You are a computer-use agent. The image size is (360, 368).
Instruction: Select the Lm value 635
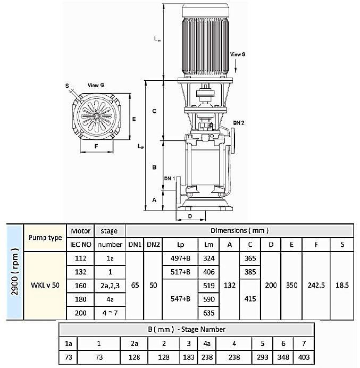[x=208, y=313]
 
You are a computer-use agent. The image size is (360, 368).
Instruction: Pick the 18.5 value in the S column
[x=342, y=285]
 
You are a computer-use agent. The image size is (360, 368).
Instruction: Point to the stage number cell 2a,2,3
[x=110, y=286]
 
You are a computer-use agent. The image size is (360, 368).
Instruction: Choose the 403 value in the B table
[x=304, y=357]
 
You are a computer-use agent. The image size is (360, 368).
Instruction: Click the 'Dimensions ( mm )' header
[x=239, y=230]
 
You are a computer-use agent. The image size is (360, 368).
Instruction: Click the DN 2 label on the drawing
[x=238, y=123]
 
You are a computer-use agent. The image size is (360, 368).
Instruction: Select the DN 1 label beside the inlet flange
[x=169, y=178]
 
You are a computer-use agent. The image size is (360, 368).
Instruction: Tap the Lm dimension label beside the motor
[x=156, y=39]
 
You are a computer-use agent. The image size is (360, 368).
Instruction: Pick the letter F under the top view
[x=96, y=145]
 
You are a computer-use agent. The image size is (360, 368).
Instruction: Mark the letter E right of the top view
[x=135, y=119]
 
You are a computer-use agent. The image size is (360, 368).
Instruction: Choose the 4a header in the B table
[x=206, y=344]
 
